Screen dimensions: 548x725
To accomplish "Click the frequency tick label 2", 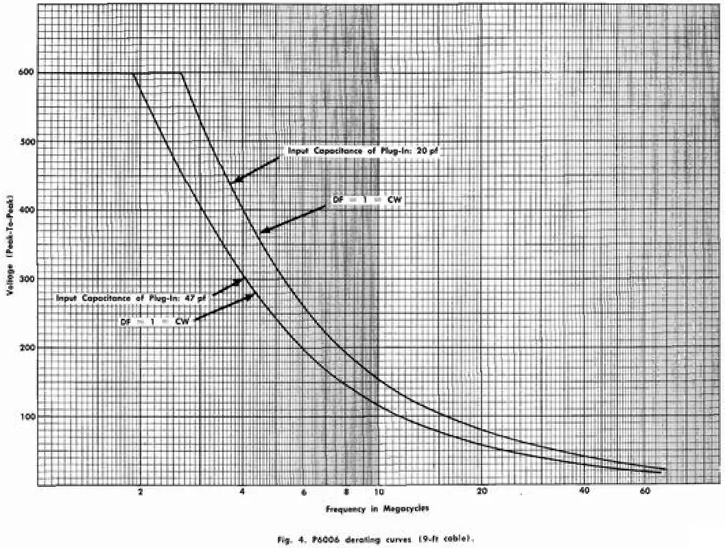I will point(141,492).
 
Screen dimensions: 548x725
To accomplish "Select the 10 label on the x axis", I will point(379,492).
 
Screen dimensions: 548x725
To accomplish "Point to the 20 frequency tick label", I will point(482,492).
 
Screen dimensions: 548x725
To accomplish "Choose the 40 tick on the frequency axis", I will point(584,492).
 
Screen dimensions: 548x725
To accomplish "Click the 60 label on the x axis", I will point(645,492).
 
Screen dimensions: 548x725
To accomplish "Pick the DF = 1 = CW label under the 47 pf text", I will point(155,320).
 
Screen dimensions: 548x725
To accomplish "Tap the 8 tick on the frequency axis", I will point(347,492).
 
